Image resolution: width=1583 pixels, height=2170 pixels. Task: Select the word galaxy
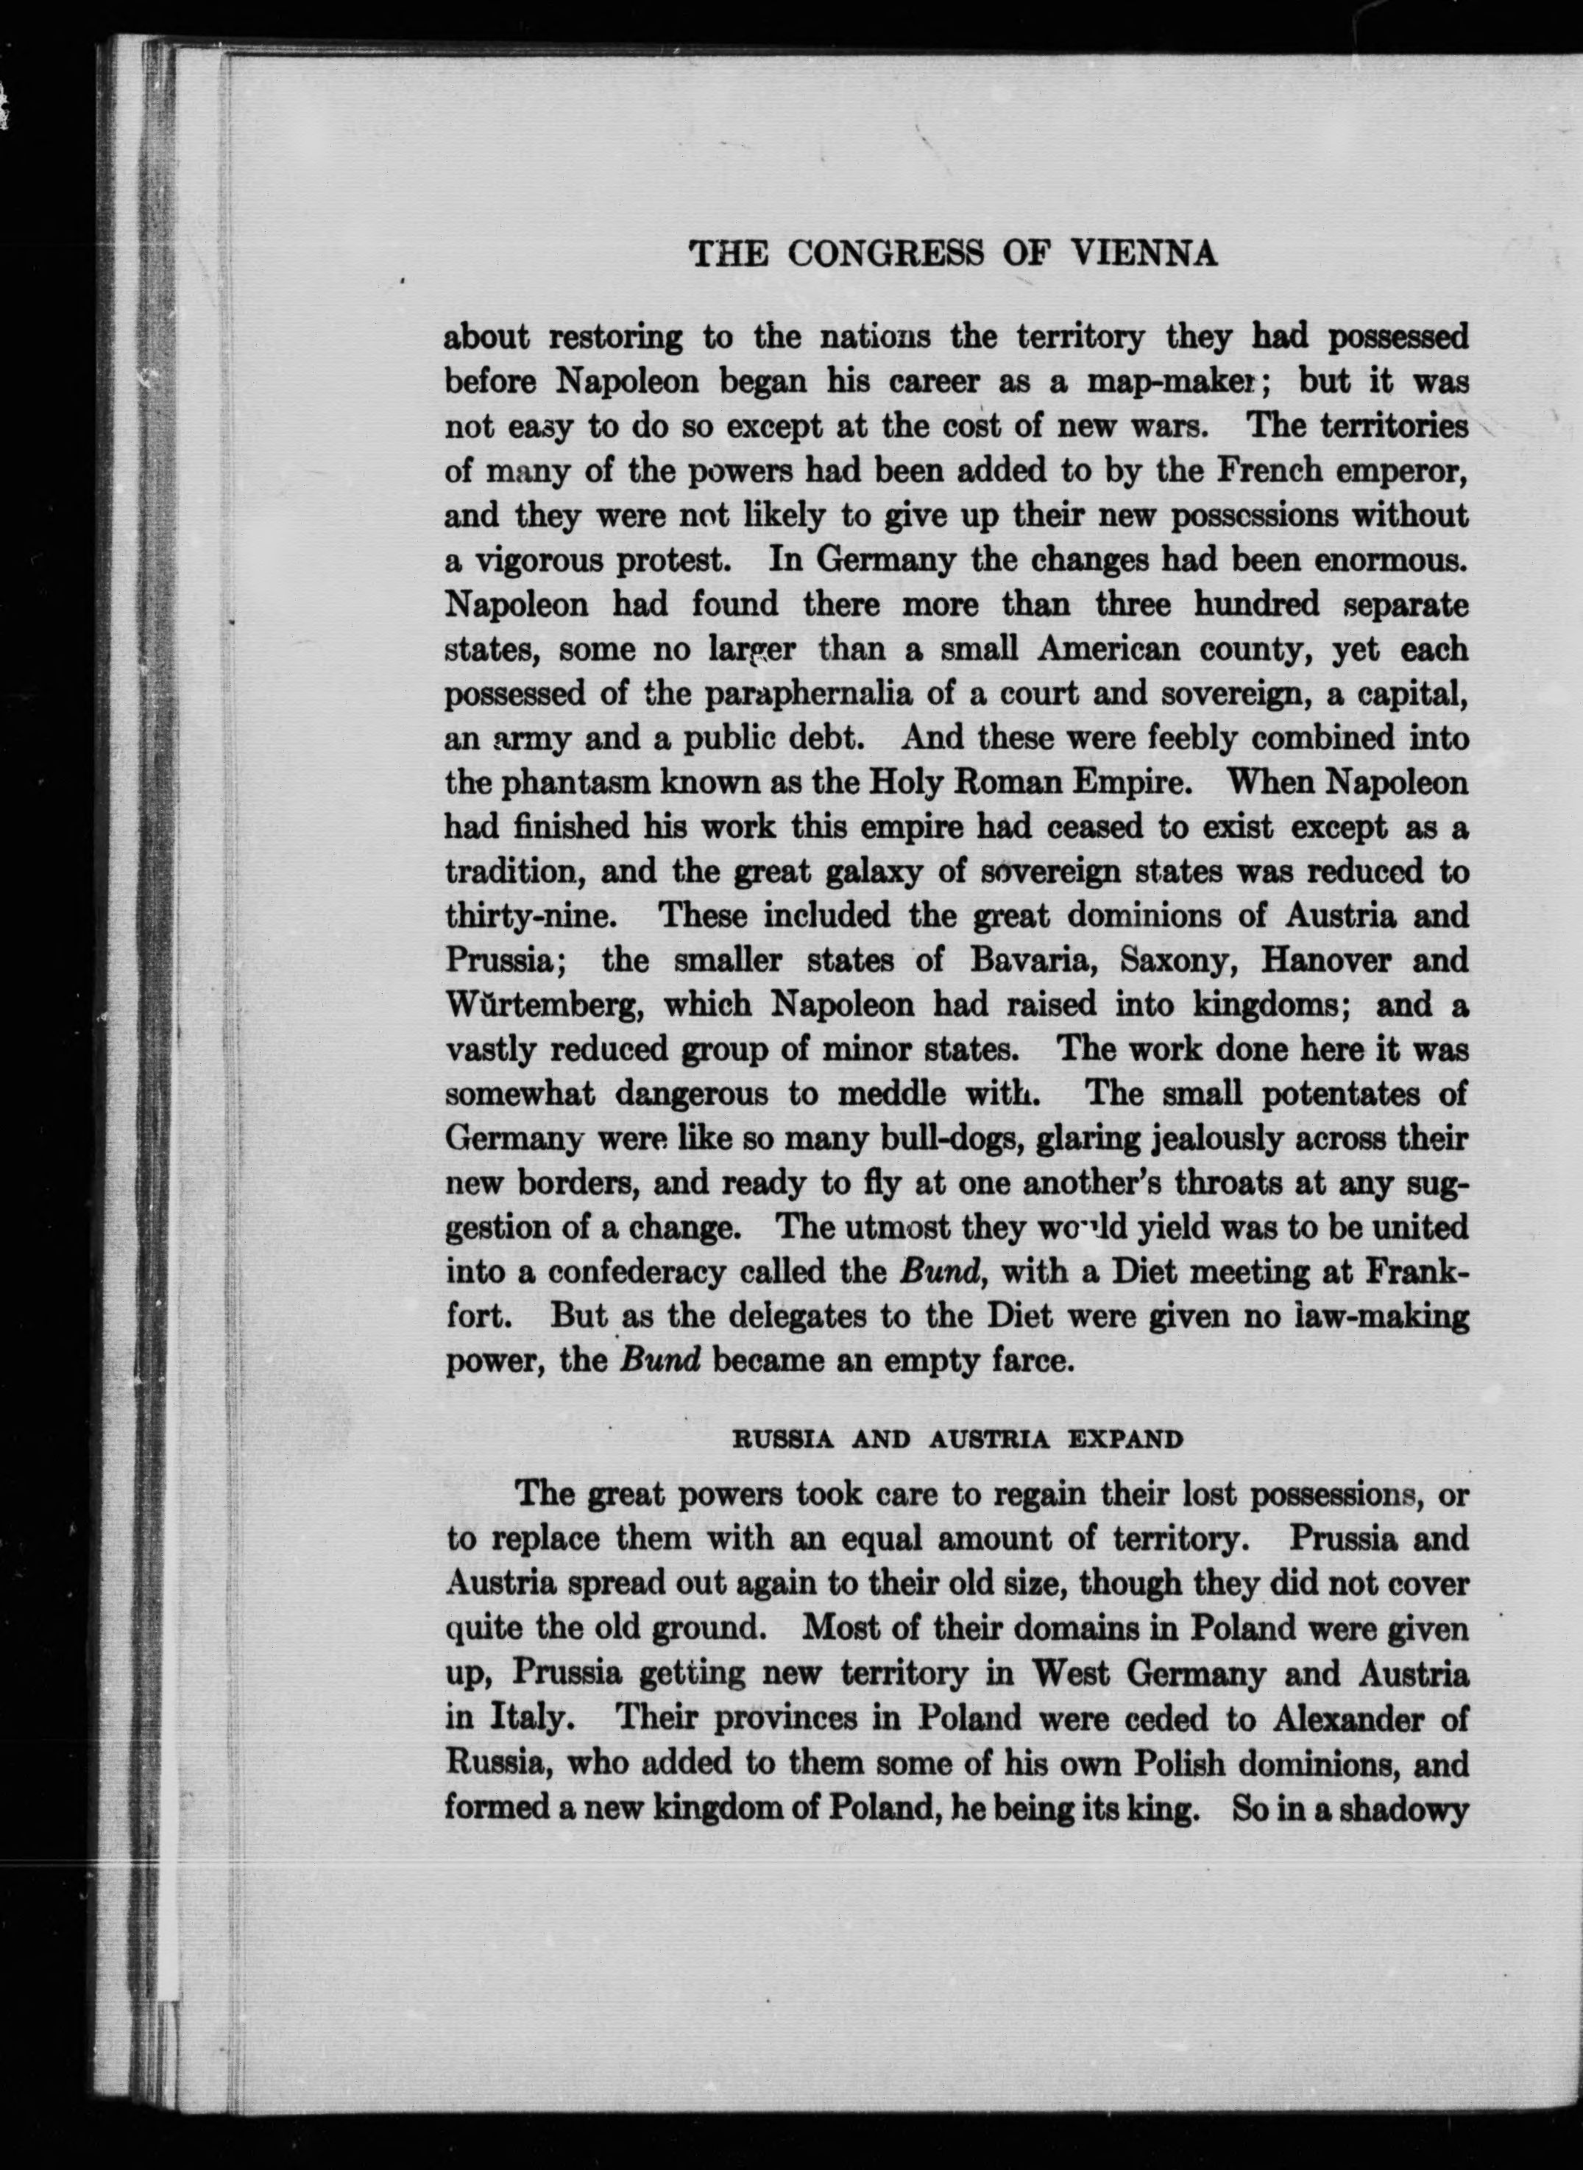coord(837,873)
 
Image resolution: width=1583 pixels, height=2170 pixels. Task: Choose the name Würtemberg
coord(542,1005)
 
